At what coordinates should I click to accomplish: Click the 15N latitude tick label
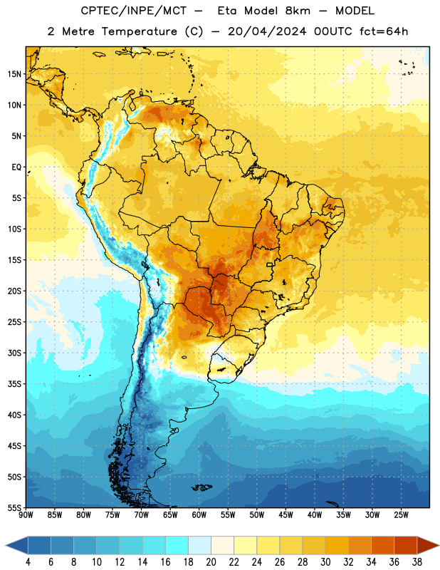click(14, 74)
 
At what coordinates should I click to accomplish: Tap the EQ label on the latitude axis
click(16, 167)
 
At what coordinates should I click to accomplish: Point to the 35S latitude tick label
click(14, 384)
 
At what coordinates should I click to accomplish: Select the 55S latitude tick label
click(14, 508)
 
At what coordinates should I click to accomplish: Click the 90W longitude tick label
click(26, 515)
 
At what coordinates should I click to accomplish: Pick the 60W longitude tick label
click(199, 515)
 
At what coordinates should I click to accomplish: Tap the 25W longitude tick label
click(401, 515)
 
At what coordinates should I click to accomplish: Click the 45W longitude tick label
click(286, 515)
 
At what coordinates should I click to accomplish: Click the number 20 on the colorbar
click(211, 562)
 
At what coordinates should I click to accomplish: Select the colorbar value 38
click(417, 562)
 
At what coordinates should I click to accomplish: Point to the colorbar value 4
click(28, 562)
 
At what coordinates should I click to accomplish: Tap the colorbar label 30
click(325, 562)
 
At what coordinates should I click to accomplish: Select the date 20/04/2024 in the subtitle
click(267, 31)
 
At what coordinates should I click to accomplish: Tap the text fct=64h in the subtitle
click(384, 31)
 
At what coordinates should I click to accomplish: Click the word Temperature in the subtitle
click(139, 32)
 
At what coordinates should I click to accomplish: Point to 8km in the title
click(298, 11)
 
